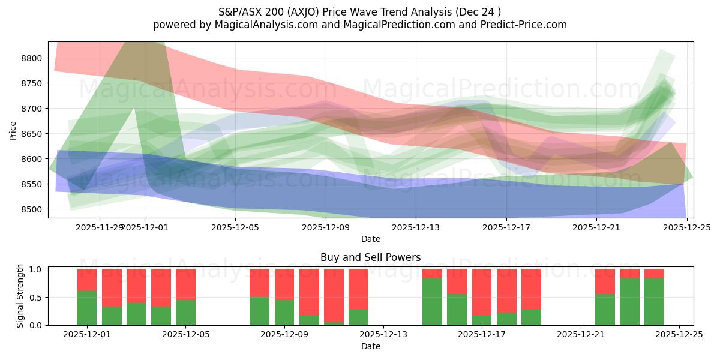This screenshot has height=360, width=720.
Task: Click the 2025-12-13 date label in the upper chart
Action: tap(415, 227)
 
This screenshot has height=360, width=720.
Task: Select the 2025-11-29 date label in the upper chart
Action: tap(100, 227)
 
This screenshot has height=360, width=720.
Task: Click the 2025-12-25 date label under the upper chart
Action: tap(686, 227)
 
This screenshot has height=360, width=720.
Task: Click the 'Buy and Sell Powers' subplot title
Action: tap(370, 257)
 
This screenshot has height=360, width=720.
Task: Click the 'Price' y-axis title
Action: tap(13, 130)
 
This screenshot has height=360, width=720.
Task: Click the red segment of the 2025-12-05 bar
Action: tap(185, 283)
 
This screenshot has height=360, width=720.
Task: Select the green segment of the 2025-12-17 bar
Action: tap(482, 320)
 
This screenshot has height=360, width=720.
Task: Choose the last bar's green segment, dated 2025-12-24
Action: tap(654, 302)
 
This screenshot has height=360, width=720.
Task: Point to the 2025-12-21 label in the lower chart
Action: tap(581, 335)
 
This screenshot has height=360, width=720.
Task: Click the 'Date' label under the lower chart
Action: tap(370, 346)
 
